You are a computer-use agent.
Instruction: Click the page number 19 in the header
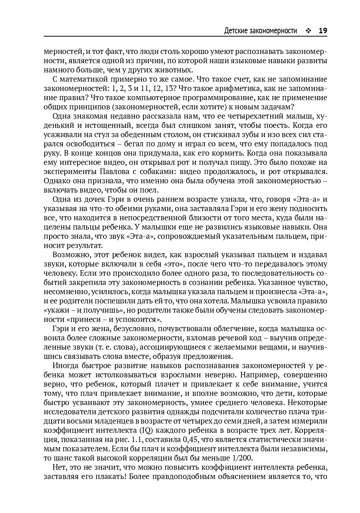click(323, 31)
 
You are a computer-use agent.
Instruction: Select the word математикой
click(83, 79)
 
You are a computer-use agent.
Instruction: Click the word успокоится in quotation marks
click(140, 319)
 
